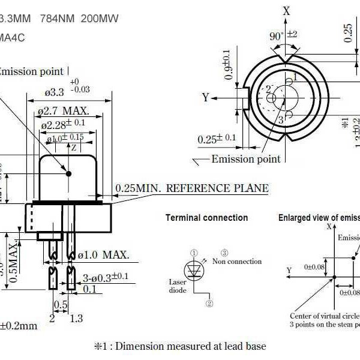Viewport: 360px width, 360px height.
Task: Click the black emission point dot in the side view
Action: (68, 173)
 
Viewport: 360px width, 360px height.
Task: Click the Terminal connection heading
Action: (206, 218)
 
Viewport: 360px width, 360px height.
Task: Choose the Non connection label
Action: (238, 262)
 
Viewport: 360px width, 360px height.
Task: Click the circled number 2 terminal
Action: (209, 304)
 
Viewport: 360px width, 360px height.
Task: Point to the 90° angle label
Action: (277, 36)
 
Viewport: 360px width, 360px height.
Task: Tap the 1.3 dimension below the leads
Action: (76, 319)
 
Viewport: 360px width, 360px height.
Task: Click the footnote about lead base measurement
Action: (179, 346)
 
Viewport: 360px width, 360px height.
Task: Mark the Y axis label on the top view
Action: (205, 97)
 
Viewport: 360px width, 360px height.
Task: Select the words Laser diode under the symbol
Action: (178, 286)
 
